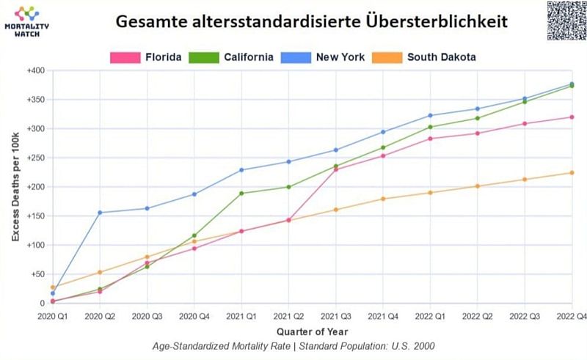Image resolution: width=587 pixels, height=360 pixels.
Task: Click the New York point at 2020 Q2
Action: [100, 213]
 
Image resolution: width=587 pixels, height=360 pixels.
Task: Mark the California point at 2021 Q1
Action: [241, 194]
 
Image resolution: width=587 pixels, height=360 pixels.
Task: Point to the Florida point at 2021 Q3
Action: [336, 169]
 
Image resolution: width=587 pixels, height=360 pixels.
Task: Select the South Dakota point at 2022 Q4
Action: [572, 173]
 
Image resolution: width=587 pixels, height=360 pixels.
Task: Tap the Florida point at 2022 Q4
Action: [572, 117]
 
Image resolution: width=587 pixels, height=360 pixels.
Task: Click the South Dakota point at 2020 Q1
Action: [53, 287]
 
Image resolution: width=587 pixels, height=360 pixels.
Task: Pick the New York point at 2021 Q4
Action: [383, 132]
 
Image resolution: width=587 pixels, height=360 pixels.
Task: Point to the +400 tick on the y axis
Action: [35, 71]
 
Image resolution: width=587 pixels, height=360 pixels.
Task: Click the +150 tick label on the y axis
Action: [35, 216]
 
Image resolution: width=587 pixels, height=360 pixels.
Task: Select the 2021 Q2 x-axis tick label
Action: [288, 315]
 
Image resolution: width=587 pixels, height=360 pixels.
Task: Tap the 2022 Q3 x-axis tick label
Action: [525, 315]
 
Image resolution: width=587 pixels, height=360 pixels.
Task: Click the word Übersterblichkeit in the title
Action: [436, 21]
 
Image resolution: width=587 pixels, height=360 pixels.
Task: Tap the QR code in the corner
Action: [566, 20]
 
